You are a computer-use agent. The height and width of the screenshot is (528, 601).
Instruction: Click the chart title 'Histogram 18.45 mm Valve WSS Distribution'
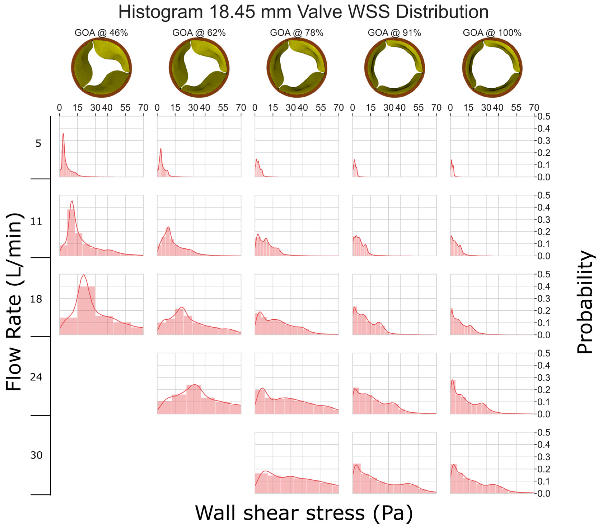pyautogui.click(x=303, y=12)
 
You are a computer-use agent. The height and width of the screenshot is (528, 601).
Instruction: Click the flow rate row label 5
pyautogui.click(x=38, y=143)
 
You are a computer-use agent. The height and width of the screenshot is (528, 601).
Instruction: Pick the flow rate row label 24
pyautogui.click(x=36, y=377)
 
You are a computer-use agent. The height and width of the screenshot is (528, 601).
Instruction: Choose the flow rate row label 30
pyautogui.click(x=36, y=455)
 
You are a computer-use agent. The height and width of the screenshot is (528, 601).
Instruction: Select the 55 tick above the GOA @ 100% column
pyautogui.click(x=516, y=108)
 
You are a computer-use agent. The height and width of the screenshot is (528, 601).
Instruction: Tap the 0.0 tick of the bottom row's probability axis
pyautogui.click(x=544, y=493)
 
